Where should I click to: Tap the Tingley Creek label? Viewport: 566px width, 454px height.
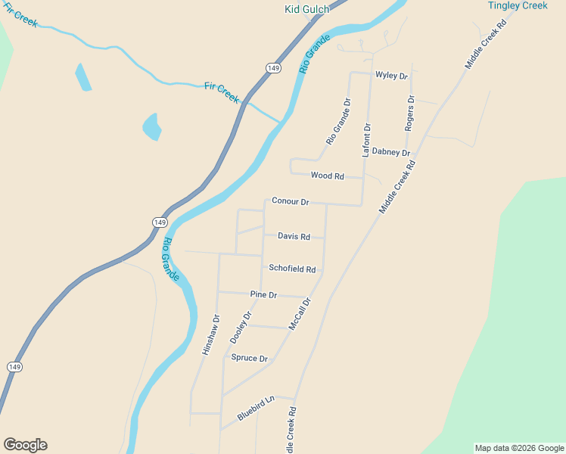tap(518, 6)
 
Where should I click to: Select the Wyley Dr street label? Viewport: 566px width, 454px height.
tap(391, 76)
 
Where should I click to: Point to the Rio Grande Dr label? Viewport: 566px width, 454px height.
tap(338, 121)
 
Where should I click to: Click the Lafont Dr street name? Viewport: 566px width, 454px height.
tap(367, 140)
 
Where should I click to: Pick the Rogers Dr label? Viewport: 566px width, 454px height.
tap(409, 113)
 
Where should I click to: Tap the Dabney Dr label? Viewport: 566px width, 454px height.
tap(390, 152)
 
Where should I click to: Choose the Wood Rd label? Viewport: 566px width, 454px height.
tap(328, 176)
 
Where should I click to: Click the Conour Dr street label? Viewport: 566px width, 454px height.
tap(291, 202)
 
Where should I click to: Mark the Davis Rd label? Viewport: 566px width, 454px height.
tap(294, 236)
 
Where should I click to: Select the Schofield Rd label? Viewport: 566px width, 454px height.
tap(292, 269)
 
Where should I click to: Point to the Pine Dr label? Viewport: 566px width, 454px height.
tap(263, 294)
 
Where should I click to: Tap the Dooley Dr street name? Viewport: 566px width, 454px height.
tap(241, 328)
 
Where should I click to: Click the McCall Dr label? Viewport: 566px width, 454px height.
tap(300, 313)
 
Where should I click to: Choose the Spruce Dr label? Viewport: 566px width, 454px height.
tap(250, 359)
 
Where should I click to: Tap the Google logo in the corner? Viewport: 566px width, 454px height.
tap(25, 445)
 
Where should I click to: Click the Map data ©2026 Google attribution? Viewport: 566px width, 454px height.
tap(519, 448)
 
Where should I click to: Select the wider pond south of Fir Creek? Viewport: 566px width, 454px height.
tap(151, 126)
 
